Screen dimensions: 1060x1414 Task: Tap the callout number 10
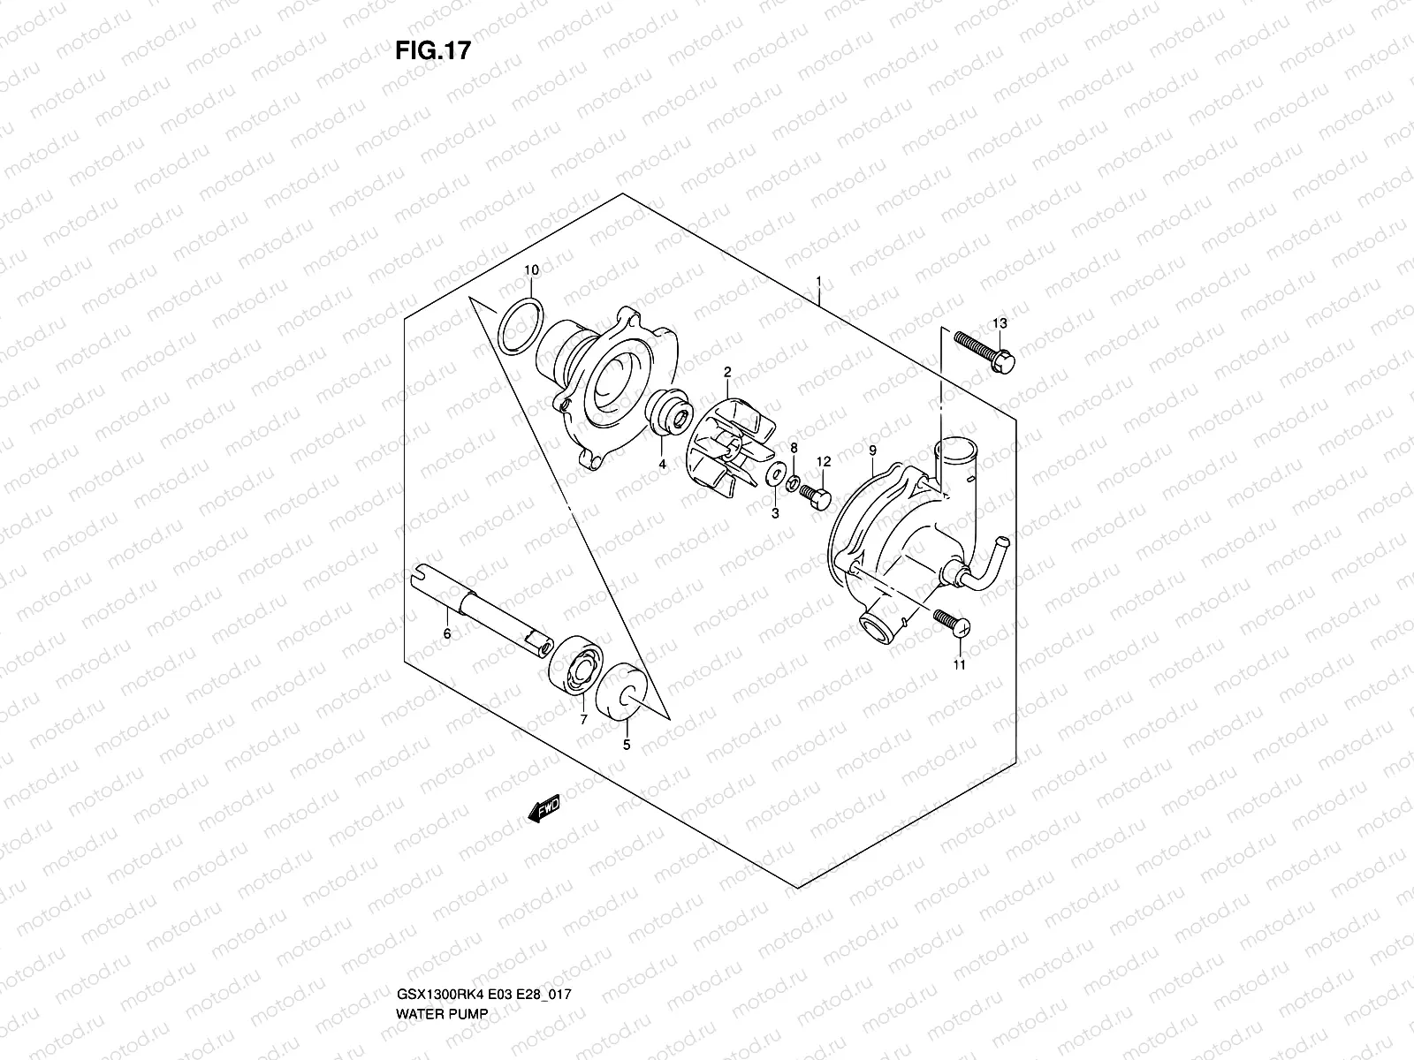click(x=530, y=269)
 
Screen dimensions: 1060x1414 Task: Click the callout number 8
click(x=794, y=448)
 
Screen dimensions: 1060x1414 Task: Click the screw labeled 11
click(x=951, y=622)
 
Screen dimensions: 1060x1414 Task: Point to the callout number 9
click(x=872, y=451)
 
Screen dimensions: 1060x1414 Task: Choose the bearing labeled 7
click(x=572, y=666)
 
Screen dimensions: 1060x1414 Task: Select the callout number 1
click(x=819, y=282)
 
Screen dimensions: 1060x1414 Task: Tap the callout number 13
click(x=999, y=323)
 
